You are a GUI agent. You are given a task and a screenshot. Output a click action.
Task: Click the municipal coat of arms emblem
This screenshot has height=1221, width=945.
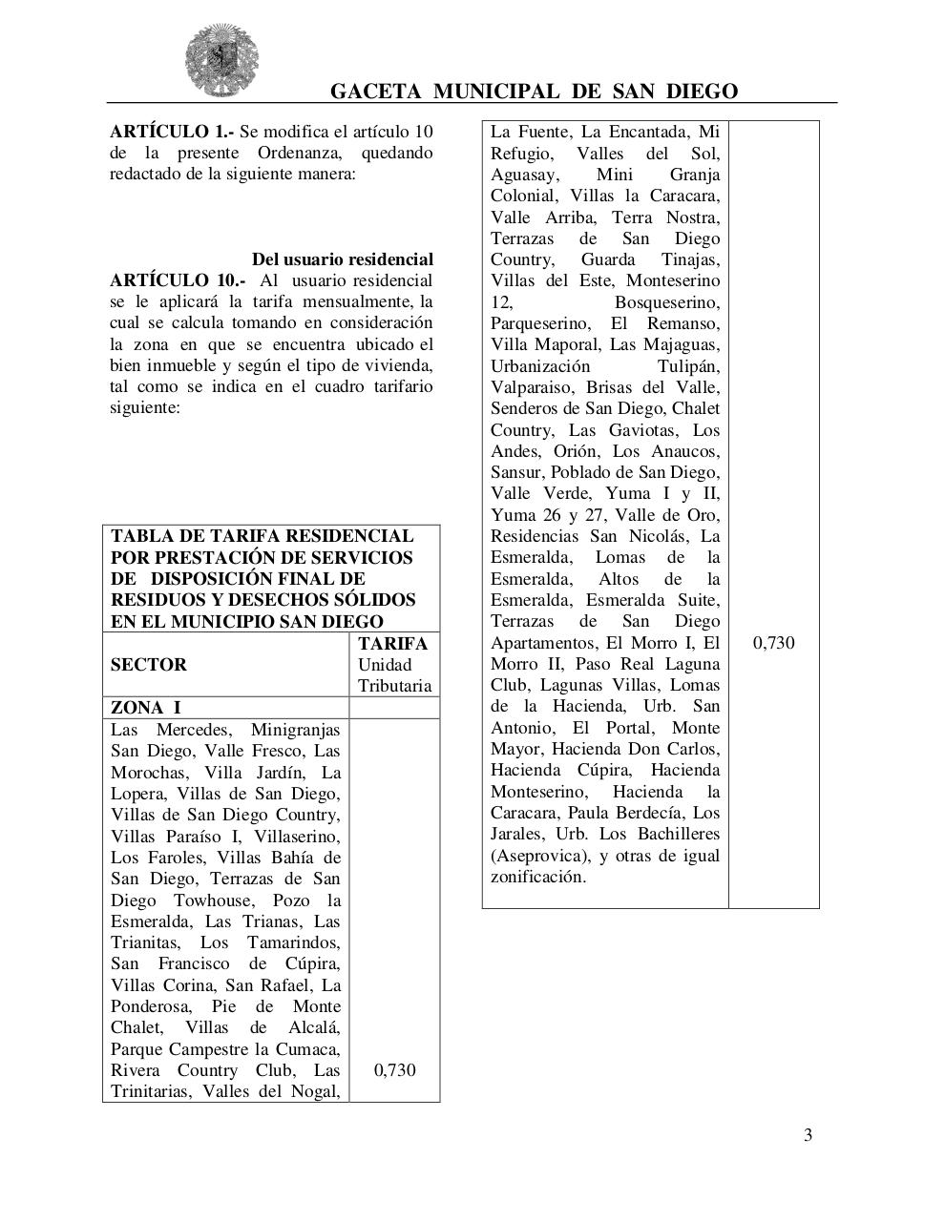tap(221, 59)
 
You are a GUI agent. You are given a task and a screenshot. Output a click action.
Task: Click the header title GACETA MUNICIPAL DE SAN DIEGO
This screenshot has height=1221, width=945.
tap(534, 92)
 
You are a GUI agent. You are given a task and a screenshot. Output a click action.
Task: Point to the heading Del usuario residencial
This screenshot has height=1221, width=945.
tap(342, 259)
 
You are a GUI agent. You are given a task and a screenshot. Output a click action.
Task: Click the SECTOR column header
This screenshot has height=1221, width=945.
tap(148, 665)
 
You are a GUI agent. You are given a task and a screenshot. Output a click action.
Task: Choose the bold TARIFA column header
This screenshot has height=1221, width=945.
tap(393, 644)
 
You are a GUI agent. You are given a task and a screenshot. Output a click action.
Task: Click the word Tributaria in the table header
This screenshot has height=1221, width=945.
tap(394, 686)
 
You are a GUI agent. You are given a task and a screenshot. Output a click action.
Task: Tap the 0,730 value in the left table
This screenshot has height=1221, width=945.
tap(394, 1070)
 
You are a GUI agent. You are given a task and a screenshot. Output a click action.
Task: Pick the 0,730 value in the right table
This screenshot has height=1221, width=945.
tap(773, 643)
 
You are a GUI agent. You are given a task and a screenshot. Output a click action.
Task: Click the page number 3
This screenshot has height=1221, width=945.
tap(808, 1135)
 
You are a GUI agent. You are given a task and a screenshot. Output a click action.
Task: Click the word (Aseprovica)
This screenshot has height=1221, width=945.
tap(539, 856)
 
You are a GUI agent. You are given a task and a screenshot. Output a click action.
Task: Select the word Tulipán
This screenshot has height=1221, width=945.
tap(688, 366)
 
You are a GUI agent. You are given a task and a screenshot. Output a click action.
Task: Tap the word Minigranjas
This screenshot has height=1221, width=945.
tap(295, 730)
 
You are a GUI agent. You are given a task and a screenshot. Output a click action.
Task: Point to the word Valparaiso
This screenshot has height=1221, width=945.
tap(534, 387)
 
